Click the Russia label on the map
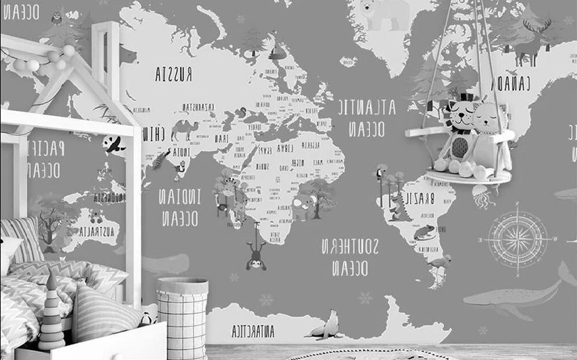[x=173, y=75]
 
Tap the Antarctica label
[x=253, y=331]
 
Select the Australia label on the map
[x=98, y=231]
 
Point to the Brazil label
[x=419, y=197]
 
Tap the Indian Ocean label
[x=179, y=207]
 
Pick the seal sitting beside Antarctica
[x=327, y=326]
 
